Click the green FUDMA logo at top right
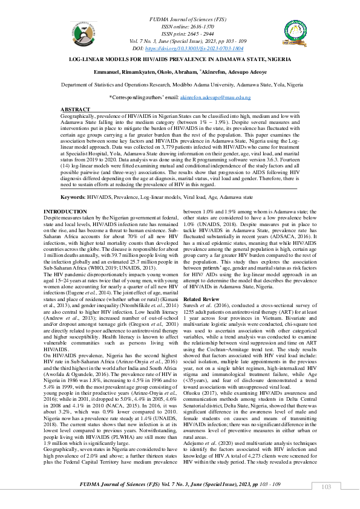click(296, 33)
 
